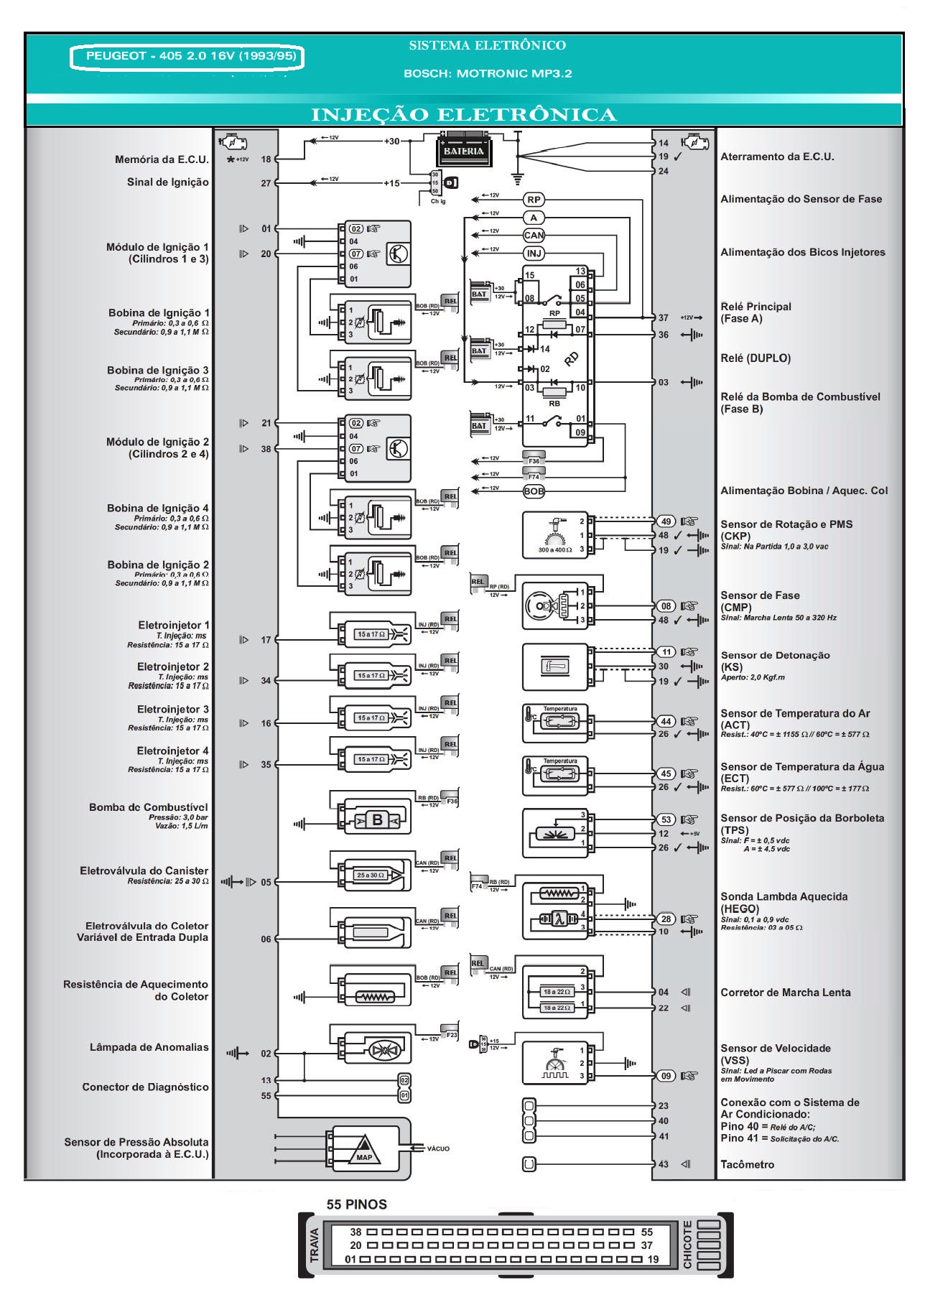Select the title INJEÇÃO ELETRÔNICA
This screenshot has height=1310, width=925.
[x=463, y=115]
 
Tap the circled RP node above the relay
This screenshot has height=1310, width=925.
[x=534, y=200]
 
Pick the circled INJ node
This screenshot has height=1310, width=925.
[x=534, y=253]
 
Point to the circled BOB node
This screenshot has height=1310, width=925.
[x=534, y=491]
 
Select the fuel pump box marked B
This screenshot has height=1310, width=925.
[x=377, y=820]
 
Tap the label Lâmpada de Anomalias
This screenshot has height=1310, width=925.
[x=149, y=1047]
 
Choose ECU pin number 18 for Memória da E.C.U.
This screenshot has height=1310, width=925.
[x=266, y=159]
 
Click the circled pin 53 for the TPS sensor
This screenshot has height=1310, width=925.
[x=666, y=819]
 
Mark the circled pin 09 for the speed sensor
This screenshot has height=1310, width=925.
[x=666, y=1075]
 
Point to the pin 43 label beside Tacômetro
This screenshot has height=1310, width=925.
[x=663, y=1164]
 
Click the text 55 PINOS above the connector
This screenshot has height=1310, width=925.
[x=356, y=1204]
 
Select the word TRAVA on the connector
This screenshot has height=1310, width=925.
[x=315, y=1245]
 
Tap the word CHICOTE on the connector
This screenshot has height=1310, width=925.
[x=687, y=1245]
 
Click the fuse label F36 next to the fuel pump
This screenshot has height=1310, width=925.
[x=452, y=801]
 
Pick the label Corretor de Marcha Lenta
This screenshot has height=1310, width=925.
[x=785, y=993]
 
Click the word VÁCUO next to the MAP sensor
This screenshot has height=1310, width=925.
[x=438, y=1148]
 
